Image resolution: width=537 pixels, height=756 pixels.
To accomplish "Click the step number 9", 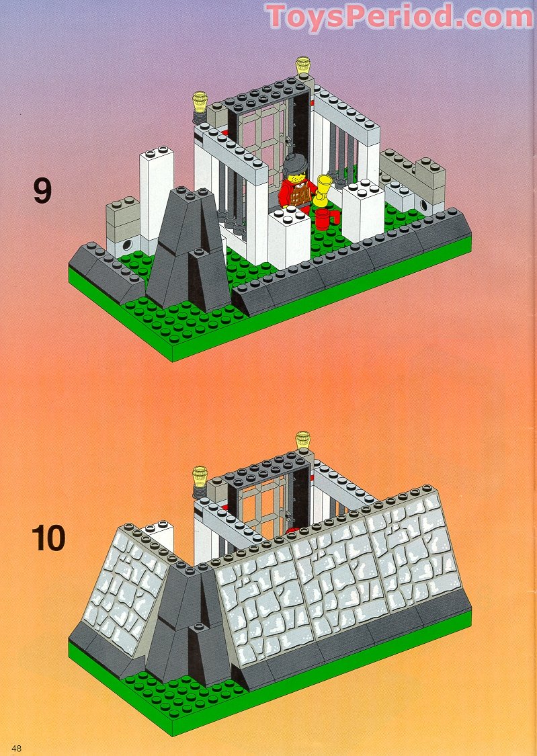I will click(x=42, y=192).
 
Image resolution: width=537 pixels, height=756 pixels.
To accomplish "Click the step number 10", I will click(x=49, y=539).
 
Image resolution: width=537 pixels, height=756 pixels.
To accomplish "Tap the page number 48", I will click(x=17, y=748).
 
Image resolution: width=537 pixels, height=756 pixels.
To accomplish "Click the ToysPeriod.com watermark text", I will click(x=399, y=17).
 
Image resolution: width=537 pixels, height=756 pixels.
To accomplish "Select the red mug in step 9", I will click(x=324, y=218).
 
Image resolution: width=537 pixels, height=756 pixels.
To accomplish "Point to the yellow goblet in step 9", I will click(x=324, y=189).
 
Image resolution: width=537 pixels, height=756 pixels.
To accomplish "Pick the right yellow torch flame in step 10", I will click(x=304, y=440).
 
